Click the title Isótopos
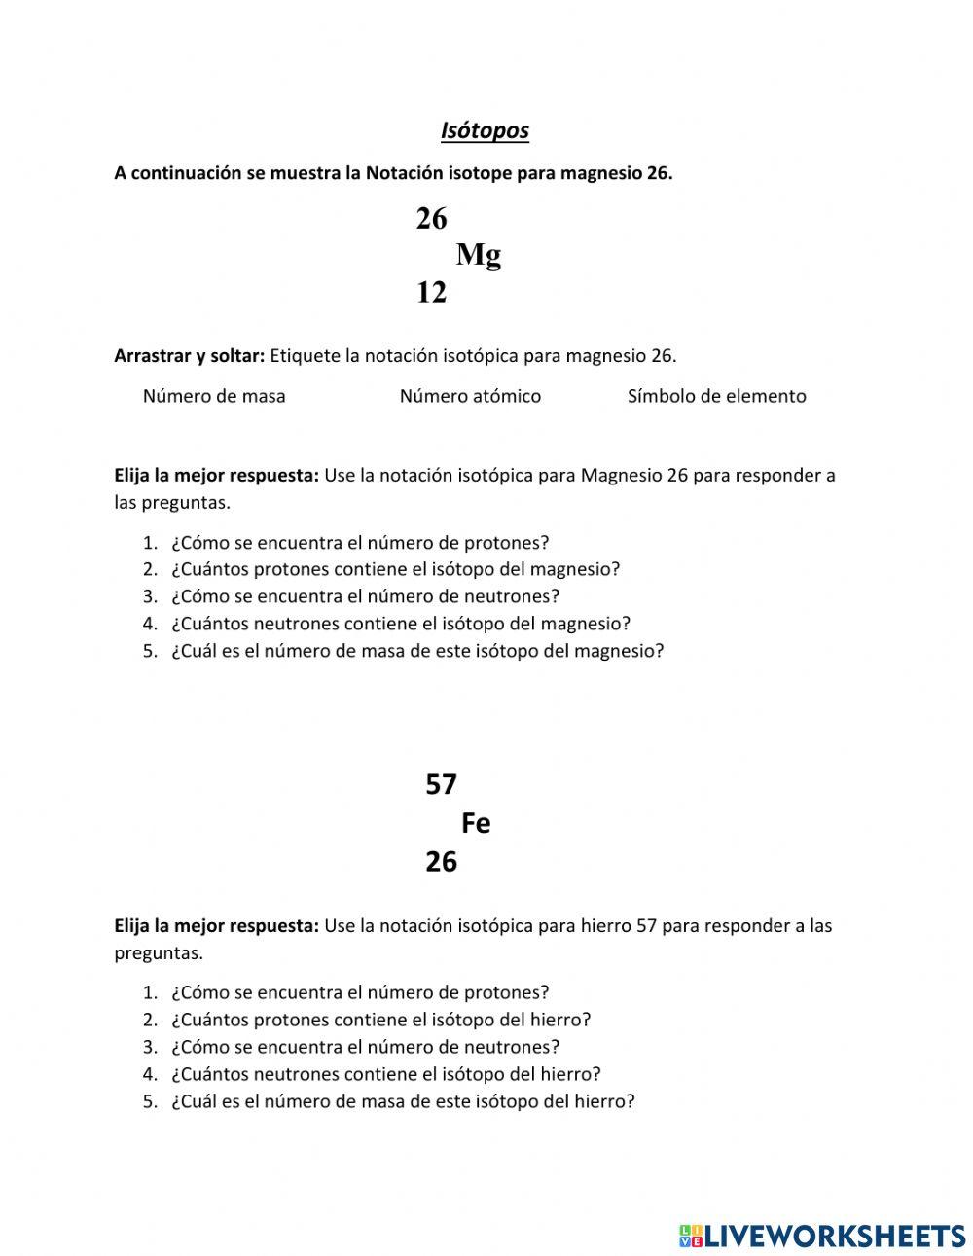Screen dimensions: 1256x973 coord(485,130)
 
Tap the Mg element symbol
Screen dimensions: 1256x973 coord(478,255)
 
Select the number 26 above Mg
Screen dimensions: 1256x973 coord(431,219)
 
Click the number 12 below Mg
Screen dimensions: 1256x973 coord(431,292)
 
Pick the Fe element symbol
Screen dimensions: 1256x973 coord(476,823)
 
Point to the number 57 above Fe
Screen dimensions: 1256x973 coord(441,784)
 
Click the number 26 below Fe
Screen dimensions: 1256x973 coord(441,862)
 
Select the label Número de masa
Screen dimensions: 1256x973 coord(214,396)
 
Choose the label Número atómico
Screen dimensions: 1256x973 coord(470,396)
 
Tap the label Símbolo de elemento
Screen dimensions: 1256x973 coord(716,396)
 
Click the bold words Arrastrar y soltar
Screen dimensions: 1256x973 coord(189,355)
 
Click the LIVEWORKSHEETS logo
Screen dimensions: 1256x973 coord(821,1236)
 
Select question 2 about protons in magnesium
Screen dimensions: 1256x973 coord(395,569)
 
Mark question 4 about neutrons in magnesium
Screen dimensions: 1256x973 coord(400,624)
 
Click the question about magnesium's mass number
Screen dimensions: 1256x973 coord(416,651)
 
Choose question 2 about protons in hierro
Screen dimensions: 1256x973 coord(380,1020)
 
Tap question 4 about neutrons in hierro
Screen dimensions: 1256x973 coord(385,1074)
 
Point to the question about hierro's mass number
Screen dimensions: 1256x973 coord(402,1101)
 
